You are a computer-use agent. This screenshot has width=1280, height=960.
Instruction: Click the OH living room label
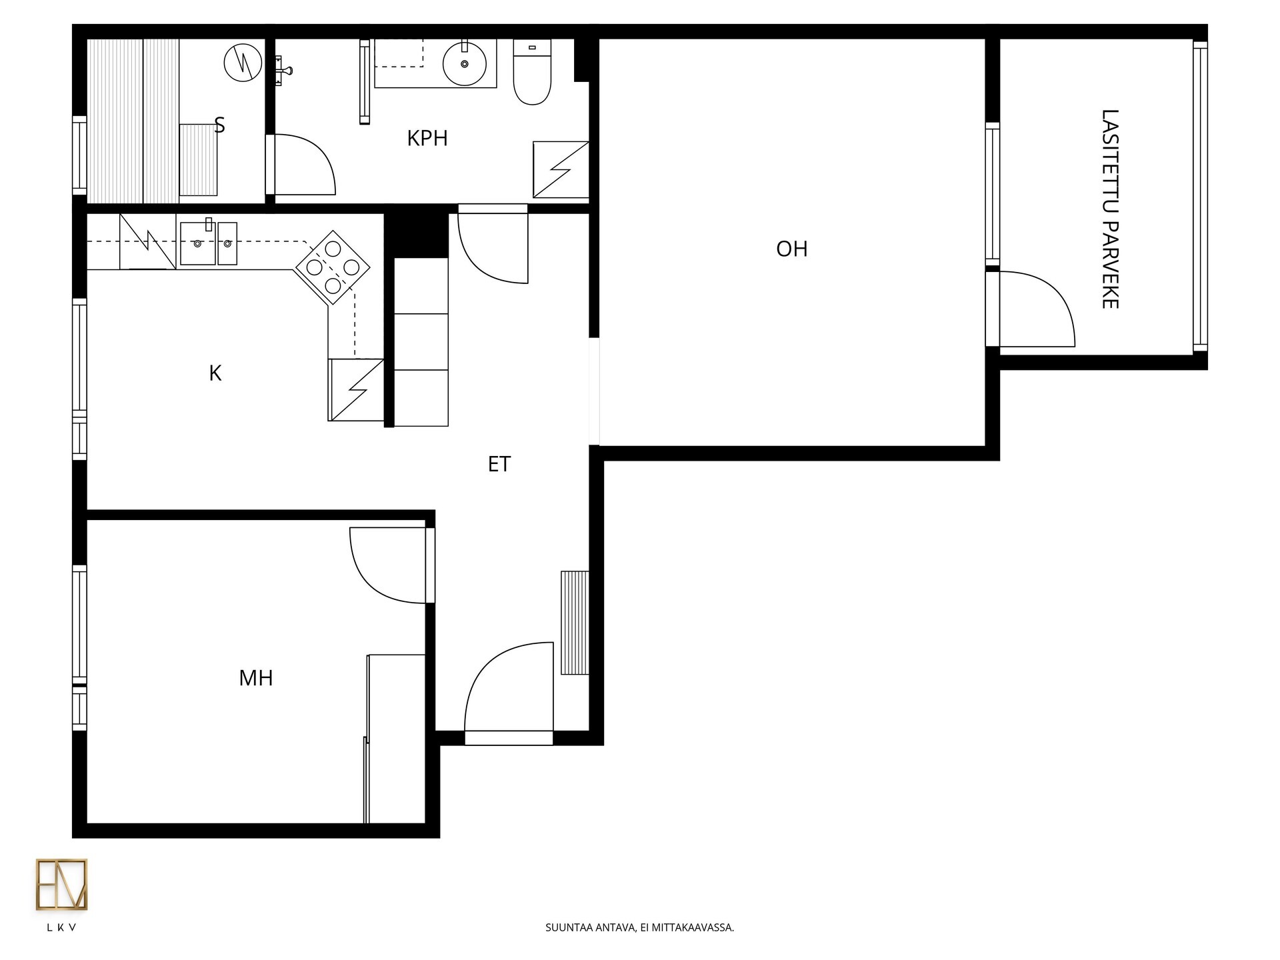[792, 249]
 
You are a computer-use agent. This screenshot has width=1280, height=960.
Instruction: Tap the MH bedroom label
[256, 679]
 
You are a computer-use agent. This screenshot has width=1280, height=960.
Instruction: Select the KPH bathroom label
[427, 139]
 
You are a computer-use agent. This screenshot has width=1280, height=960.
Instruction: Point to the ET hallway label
[499, 464]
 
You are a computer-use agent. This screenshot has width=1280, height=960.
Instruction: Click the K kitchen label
[215, 373]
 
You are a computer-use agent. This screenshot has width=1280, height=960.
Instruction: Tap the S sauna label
[219, 125]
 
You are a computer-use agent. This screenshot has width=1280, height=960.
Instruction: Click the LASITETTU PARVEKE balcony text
[1110, 209]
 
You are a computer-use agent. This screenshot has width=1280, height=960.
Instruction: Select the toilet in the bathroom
[532, 72]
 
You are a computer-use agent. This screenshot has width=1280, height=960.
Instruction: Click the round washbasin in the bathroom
[464, 64]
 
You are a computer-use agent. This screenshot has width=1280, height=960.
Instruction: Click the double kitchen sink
[209, 243]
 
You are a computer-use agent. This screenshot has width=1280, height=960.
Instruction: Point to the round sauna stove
[243, 63]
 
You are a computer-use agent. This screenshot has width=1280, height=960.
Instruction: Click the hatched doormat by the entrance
[575, 623]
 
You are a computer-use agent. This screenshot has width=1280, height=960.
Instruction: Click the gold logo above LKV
[61, 885]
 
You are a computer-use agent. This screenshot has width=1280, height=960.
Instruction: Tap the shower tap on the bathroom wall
[283, 69]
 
